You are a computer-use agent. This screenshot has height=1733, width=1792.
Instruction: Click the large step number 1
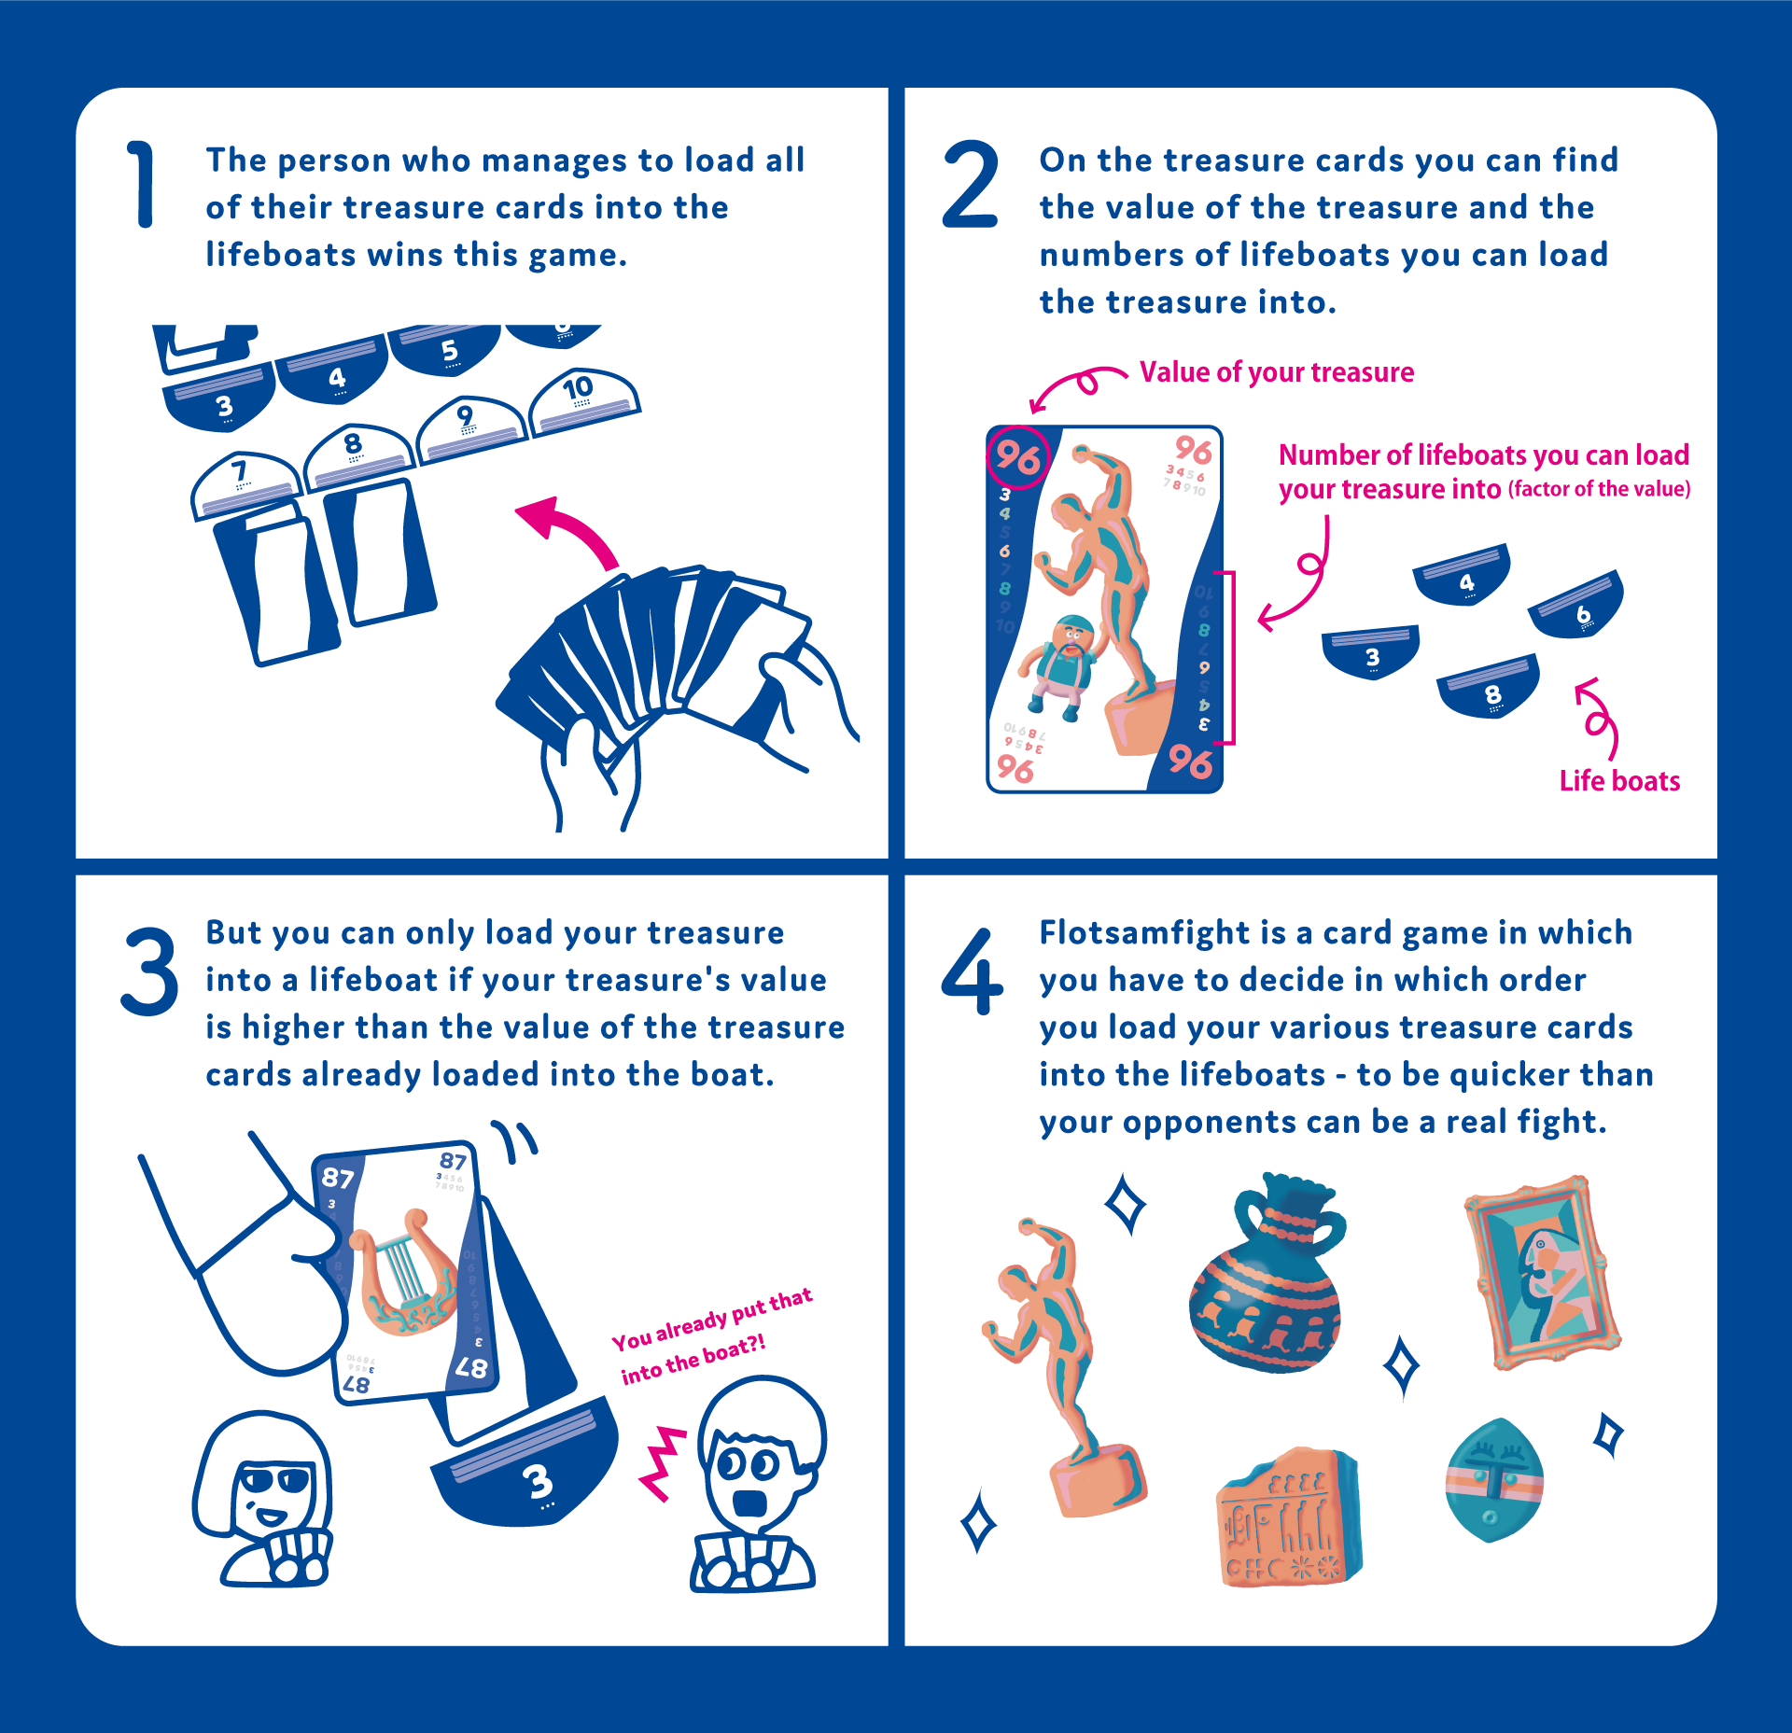tap(142, 184)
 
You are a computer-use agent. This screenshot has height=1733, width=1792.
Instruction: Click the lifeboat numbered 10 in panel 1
tap(583, 402)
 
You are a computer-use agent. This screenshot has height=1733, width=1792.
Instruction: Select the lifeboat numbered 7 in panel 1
tap(245, 483)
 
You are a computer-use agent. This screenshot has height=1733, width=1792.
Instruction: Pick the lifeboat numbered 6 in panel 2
tap(1576, 606)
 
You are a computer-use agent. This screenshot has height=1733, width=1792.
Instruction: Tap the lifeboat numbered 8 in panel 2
tap(1488, 687)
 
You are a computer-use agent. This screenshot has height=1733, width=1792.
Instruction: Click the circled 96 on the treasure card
tap(1018, 457)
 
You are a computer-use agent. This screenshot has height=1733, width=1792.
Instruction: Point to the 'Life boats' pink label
tap(1619, 780)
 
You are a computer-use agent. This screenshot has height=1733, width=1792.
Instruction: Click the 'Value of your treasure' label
tap(1276, 372)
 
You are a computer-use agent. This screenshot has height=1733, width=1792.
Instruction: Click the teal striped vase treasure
tap(1266, 1273)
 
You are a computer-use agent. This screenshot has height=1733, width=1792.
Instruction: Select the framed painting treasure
tap(1542, 1271)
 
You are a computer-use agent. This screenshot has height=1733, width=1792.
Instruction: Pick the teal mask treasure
tap(1493, 1480)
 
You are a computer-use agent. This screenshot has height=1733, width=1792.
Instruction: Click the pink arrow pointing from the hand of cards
tap(570, 528)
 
